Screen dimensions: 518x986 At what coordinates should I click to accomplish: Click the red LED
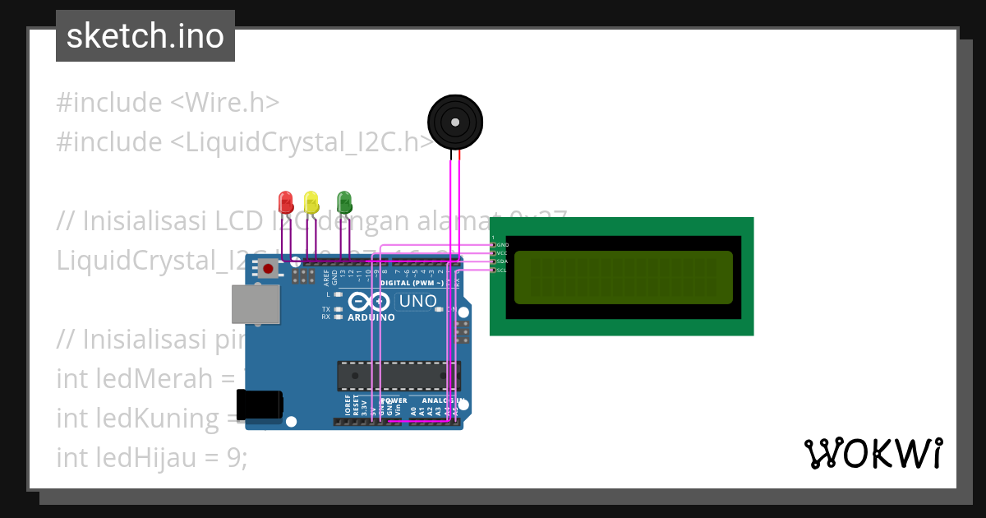pos(286,201)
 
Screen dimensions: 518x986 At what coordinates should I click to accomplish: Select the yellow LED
pos(311,201)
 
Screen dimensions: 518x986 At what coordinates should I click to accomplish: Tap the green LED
pos(344,201)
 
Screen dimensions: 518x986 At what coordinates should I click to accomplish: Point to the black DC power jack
pos(259,405)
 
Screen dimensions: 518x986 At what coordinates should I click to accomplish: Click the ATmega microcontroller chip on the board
pos(398,376)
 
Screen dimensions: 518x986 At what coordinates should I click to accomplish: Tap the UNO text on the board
pos(417,302)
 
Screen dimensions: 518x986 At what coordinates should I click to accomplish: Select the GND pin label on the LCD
pos(502,245)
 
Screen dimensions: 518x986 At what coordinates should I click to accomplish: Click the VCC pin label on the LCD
pos(502,253)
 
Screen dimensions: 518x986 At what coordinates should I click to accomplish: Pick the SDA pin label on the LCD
pos(502,261)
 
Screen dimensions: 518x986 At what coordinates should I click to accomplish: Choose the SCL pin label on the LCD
pos(502,270)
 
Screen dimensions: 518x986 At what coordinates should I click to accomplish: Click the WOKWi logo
pos(873,453)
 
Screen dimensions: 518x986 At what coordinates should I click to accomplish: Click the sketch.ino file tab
pos(145,36)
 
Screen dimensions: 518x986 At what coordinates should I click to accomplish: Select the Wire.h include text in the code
pos(224,103)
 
